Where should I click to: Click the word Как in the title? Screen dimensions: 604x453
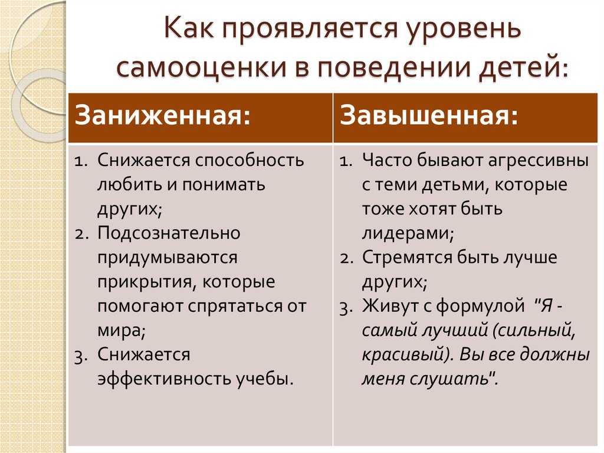coord(189,28)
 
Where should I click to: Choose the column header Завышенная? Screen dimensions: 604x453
coord(429,115)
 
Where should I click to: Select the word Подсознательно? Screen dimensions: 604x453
coord(169,233)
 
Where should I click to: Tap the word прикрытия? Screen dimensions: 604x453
coord(146,282)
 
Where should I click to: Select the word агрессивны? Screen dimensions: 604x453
coord(538,161)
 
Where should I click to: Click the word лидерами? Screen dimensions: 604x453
coord(408,233)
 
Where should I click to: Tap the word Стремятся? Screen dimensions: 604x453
coord(407,258)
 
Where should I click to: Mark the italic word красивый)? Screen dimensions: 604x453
coord(408,355)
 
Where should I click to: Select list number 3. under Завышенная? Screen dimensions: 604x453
coord(347,308)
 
